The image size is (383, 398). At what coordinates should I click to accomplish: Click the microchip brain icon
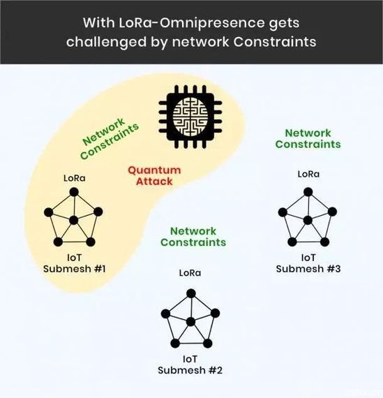coord(190,117)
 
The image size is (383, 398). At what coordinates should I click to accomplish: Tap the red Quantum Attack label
coord(154,176)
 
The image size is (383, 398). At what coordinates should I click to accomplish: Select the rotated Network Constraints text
coord(110,138)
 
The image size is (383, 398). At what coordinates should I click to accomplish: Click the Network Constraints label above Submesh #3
coord(308,138)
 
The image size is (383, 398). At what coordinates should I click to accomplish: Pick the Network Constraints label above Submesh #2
coord(193,237)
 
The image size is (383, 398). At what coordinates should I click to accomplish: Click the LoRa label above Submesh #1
coord(75,178)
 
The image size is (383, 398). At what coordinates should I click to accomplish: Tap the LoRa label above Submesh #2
coord(190,273)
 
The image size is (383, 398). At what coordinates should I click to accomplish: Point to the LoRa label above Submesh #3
coord(308,174)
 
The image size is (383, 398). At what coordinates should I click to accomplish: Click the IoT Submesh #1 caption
coord(75,263)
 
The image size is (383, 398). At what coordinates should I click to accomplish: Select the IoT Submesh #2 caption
coord(190,364)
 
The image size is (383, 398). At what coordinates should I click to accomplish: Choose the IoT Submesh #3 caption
coord(308,263)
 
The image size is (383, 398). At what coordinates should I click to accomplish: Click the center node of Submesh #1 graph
coord(73,220)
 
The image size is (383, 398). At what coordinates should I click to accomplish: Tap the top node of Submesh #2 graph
coord(190,294)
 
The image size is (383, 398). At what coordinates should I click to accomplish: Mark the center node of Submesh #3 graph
coord(308,220)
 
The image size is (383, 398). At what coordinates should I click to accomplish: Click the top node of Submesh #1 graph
coord(74,192)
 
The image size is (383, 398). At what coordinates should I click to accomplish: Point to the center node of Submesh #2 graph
coord(190,322)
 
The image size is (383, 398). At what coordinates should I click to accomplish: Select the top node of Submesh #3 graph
coord(308,192)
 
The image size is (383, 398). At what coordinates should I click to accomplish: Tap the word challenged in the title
coord(107,43)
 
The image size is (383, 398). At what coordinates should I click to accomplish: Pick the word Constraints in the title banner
coord(275,42)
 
